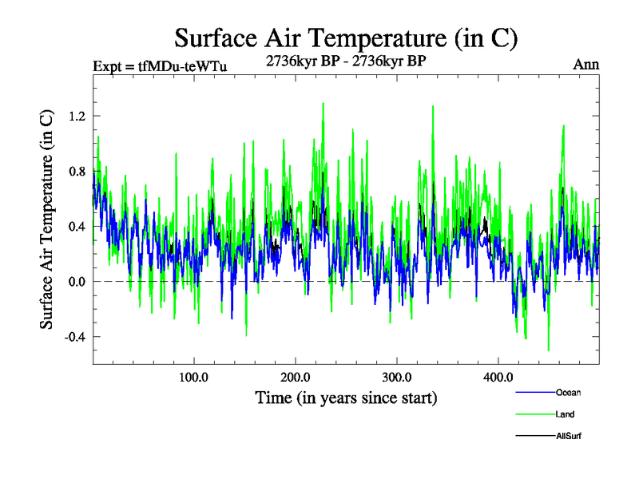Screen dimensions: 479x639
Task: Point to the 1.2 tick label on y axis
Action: coord(75,116)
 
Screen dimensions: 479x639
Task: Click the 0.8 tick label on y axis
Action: coord(75,171)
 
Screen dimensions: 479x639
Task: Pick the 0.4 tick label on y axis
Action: coord(75,226)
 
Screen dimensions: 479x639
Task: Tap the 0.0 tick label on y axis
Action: coord(75,282)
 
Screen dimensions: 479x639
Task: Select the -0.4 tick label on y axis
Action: coord(73,337)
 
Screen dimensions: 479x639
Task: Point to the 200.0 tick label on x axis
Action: coord(296,377)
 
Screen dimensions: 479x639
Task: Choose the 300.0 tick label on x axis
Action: coord(397,377)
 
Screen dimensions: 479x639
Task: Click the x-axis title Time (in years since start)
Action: coord(346,397)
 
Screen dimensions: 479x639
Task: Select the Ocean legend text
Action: coord(569,393)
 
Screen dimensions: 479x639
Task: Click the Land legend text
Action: coord(565,414)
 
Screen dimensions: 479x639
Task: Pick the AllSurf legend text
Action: coord(569,436)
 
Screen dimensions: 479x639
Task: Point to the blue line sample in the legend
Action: coord(535,393)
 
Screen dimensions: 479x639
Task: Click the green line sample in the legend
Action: coord(535,414)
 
